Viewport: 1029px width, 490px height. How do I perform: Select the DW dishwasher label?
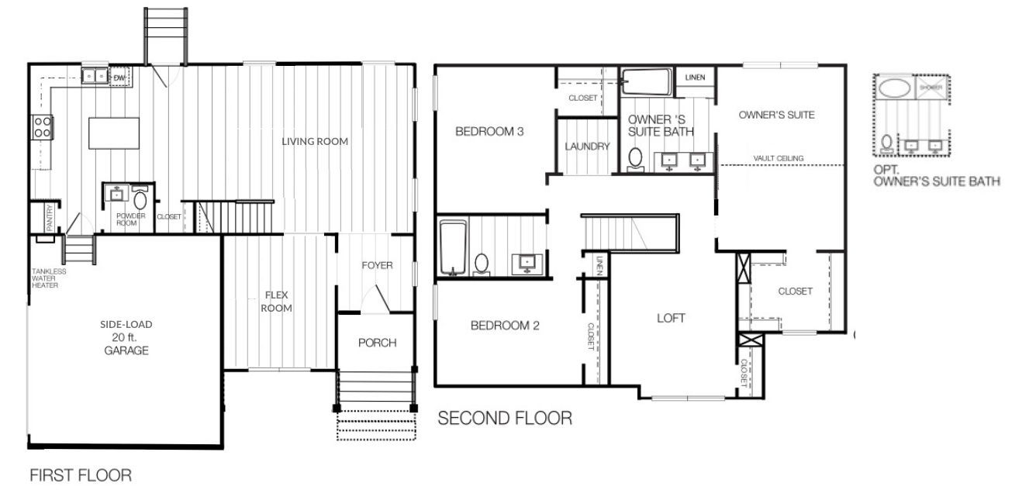click(x=119, y=78)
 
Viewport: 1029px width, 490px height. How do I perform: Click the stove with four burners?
click(x=41, y=126)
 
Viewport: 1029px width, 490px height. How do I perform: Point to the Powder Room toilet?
click(x=140, y=197)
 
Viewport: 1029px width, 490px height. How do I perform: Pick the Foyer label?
click(x=377, y=265)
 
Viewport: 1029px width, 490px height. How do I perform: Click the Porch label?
click(x=378, y=343)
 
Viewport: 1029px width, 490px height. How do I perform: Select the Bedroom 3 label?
click(x=489, y=132)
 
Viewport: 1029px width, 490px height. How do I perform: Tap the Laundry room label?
click(x=588, y=146)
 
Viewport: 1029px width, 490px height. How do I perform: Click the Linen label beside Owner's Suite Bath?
click(x=694, y=78)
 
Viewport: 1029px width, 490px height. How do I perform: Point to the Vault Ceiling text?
click(x=778, y=158)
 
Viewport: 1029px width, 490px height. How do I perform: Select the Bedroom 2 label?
click(x=504, y=326)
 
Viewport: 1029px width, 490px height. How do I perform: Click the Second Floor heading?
click(x=505, y=419)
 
